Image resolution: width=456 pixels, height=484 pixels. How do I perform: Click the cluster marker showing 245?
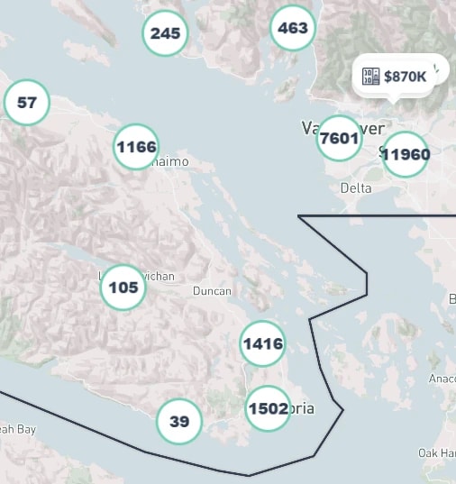point(166,33)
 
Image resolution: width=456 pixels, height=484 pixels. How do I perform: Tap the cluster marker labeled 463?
point(293,28)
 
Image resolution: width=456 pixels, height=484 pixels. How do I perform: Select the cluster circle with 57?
point(27,102)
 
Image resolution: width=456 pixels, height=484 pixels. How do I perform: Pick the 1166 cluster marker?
point(136,146)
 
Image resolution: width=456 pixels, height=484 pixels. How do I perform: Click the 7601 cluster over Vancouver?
point(339,139)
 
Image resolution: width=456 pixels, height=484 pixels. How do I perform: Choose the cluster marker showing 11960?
point(406,154)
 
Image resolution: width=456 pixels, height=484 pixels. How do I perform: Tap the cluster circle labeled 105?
point(123,288)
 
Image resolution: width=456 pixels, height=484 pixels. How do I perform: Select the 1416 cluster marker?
point(262,343)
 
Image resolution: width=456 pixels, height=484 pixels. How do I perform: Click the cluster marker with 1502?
point(268,408)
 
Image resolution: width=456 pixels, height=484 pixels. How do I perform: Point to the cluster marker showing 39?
point(179,421)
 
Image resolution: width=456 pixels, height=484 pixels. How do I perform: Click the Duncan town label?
point(212,291)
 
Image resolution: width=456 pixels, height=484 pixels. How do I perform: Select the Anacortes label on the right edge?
point(443,379)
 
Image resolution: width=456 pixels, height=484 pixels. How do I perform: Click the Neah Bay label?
point(17,430)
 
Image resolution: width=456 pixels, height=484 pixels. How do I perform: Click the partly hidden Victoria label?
point(303,408)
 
